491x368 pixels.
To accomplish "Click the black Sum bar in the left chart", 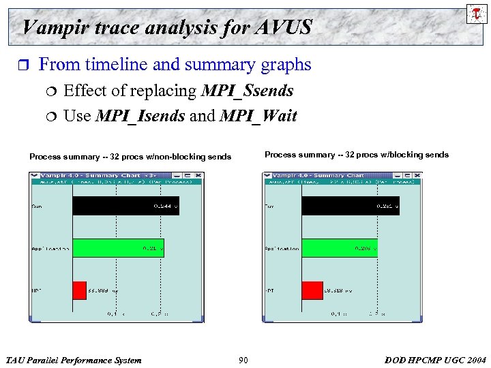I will [x=125, y=206].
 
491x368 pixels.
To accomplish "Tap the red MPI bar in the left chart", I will [x=79, y=290].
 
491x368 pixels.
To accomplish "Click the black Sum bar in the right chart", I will [x=350, y=206].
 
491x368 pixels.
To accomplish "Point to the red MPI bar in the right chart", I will [x=312, y=290].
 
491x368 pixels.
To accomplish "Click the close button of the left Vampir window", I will [x=196, y=176].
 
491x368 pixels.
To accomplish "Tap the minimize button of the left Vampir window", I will [x=177, y=176].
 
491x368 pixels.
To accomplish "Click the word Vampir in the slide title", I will [x=52, y=27].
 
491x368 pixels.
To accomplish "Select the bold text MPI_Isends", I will [x=140, y=116].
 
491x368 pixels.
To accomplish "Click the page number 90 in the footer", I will [x=243, y=360].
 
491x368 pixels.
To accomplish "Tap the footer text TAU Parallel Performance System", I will [x=74, y=360].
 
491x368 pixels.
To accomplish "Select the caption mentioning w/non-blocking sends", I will [x=130, y=157].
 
